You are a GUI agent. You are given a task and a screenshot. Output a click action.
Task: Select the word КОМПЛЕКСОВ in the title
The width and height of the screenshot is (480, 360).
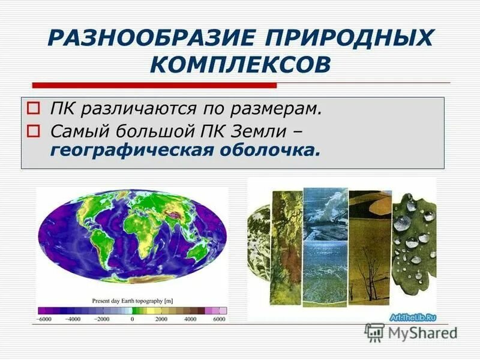(240, 64)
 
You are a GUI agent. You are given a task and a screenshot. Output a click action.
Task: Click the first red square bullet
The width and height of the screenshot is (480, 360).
(34, 110)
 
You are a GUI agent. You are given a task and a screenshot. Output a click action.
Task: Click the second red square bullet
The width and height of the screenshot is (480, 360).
(34, 130)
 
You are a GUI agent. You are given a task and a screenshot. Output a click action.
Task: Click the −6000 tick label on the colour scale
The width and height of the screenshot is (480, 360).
(44, 319)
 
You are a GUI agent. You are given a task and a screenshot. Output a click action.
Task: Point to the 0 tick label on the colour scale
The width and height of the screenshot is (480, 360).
(132, 319)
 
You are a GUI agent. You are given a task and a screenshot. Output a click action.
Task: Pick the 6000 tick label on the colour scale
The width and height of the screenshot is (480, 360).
(220, 319)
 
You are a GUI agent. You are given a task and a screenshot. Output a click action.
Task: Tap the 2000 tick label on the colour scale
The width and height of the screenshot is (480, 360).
(161, 319)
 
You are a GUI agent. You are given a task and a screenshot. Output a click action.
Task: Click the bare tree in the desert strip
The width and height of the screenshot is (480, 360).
(373, 275)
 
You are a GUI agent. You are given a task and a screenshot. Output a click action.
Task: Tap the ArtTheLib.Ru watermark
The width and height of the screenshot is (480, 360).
(413, 317)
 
